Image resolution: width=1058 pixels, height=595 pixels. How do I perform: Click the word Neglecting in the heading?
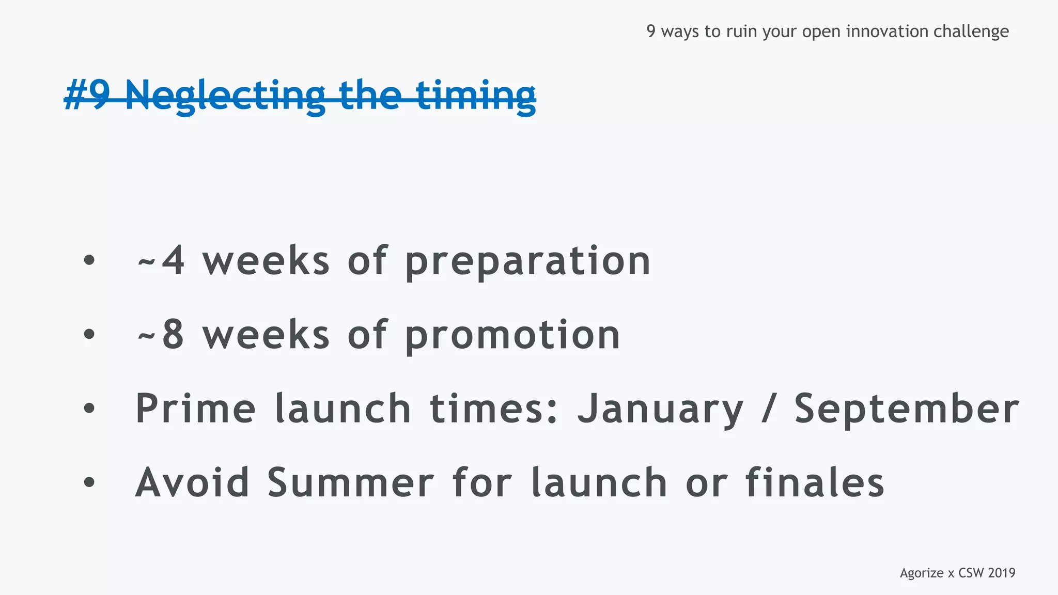coord(225,96)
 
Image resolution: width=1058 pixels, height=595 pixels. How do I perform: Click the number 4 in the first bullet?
coord(173,261)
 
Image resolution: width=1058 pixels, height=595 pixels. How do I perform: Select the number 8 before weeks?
coord(173,335)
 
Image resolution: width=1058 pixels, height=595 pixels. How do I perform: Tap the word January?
coord(660,410)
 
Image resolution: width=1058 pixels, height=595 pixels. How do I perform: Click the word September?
coord(907,410)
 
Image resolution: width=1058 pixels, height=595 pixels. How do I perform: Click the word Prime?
coord(195,409)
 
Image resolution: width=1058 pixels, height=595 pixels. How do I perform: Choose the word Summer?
coord(350,483)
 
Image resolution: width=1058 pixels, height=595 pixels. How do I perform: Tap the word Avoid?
coord(192,483)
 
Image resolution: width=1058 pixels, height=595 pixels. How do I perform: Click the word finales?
coord(814,483)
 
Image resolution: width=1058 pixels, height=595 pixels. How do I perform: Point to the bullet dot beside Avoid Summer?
coord(89,482)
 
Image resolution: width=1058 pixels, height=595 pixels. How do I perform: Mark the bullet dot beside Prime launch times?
coord(89,409)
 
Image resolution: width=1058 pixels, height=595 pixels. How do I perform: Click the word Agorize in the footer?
coord(922,573)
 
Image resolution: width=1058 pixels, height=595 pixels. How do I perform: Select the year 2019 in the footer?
coord(1001,573)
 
